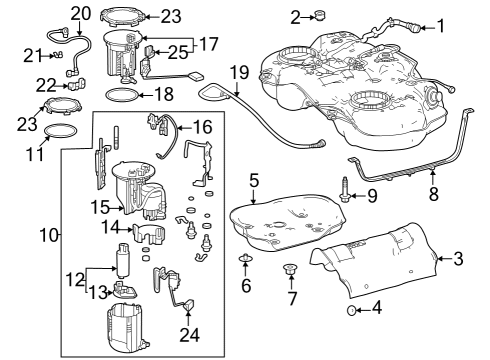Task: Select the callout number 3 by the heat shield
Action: [x=458, y=260]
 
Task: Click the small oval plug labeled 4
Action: [x=351, y=311]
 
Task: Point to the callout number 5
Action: [x=255, y=180]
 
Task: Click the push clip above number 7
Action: [x=292, y=269]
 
